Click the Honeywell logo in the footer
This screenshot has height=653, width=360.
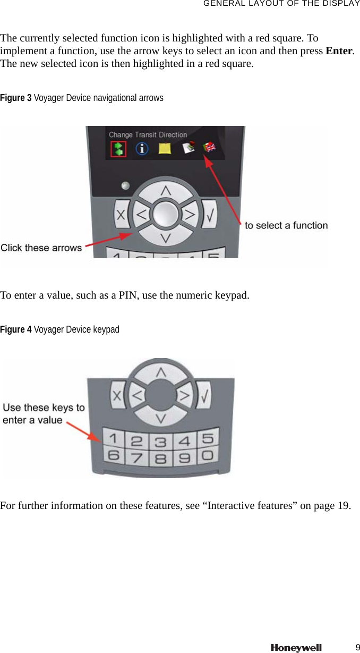click(x=296, y=648)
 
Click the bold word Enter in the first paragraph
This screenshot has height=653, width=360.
click(x=339, y=52)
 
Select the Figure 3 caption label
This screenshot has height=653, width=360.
click(x=16, y=98)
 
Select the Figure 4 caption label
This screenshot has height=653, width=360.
click(x=16, y=330)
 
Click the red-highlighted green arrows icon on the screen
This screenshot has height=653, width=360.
click(x=117, y=149)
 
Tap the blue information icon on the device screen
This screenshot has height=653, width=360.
click(x=142, y=149)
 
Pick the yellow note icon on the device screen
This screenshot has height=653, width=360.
click(x=165, y=148)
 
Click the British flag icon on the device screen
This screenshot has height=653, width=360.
click(x=210, y=147)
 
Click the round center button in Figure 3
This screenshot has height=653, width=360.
click(x=166, y=214)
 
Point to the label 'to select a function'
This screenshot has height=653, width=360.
click(x=286, y=225)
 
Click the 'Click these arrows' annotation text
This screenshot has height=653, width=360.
click(x=41, y=248)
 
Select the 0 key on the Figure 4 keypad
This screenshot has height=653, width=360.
click(x=208, y=455)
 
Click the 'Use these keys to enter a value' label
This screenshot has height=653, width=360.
click(x=44, y=413)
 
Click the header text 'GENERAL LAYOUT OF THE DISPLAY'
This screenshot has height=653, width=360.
click(x=281, y=4)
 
